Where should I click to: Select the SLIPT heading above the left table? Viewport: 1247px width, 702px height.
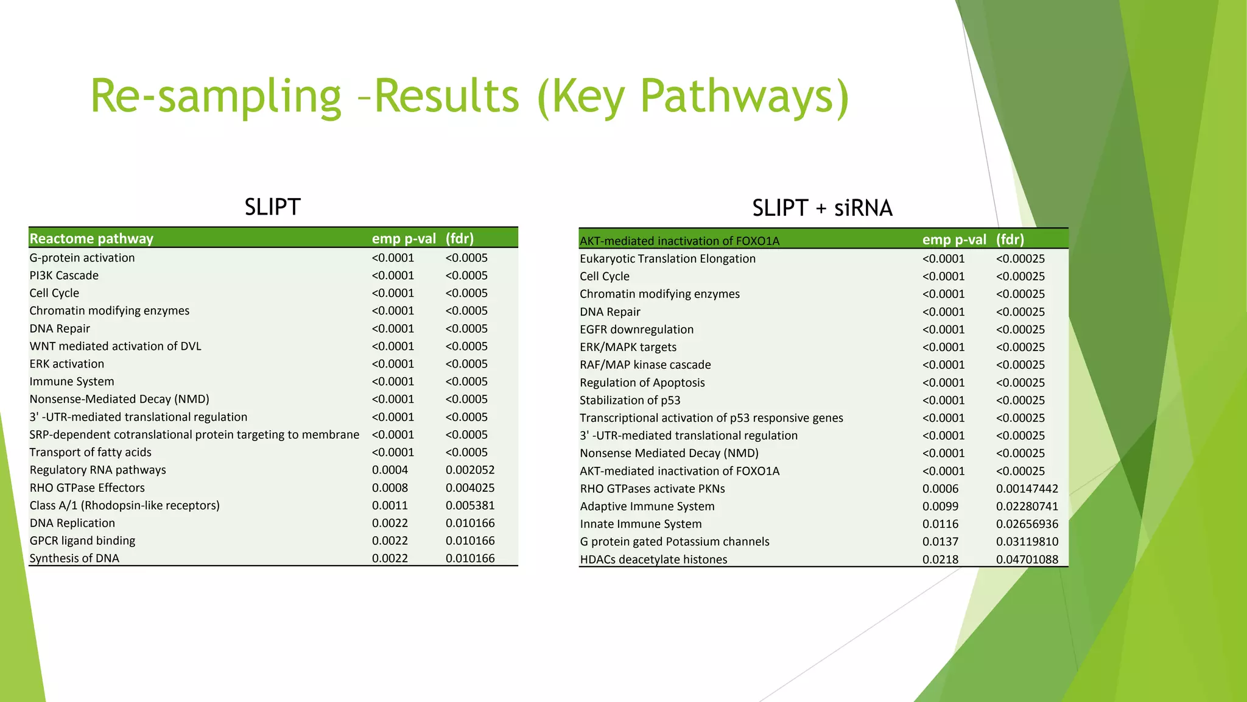coord(272,207)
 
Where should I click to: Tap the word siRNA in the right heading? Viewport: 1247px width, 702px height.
coord(863,208)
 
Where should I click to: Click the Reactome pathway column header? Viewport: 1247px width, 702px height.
coord(91,238)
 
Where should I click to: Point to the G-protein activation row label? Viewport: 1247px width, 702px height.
coord(82,258)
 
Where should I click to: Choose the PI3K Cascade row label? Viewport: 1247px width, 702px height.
coord(64,275)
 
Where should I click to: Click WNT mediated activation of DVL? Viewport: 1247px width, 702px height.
coord(115,346)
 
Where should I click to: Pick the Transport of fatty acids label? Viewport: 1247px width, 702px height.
coord(90,452)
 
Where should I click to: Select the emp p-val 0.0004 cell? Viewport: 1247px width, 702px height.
coord(390,470)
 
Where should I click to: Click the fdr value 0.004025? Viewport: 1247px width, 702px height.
coord(470,487)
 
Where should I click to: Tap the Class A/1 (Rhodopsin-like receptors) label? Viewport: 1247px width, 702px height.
coord(124,505)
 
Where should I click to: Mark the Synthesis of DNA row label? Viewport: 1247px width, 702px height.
coord(74,558)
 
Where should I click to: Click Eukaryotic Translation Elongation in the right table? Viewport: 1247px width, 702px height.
coord(667,258)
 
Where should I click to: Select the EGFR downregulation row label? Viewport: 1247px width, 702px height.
coord(636,329)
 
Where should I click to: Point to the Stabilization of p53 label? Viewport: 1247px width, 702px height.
coord(630,400)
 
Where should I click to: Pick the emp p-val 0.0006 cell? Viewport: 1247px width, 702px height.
coord(940,489)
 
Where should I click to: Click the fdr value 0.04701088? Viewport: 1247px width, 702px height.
coord(1027,559)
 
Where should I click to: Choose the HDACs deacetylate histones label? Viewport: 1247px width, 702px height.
coord(653,559)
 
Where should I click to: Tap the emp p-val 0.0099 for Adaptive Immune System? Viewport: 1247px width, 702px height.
coord(940,506)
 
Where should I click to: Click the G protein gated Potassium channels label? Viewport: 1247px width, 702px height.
coord(674,542)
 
